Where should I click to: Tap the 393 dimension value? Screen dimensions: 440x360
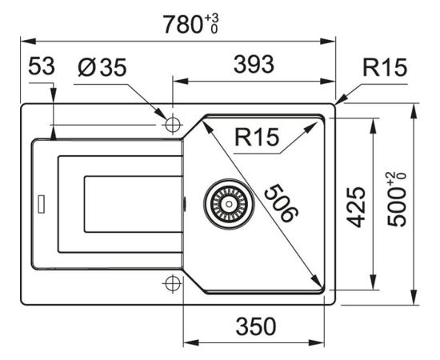pos(254,65)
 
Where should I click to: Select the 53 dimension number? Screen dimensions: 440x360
pos(42,66)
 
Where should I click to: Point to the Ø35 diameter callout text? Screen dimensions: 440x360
pos(102,67)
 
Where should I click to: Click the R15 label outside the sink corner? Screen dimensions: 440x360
pos(385,67)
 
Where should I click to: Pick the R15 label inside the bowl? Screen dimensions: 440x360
pos(257,137)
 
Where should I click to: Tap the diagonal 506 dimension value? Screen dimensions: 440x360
pos(282,203)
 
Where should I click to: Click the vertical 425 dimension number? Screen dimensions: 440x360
pos(356,206)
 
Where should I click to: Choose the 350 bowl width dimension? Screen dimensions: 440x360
pos(256,326)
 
